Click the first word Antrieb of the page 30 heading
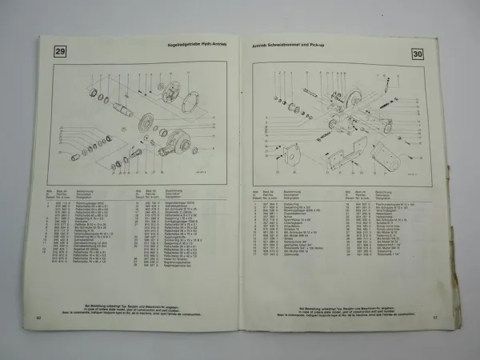[x=262, y=47]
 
